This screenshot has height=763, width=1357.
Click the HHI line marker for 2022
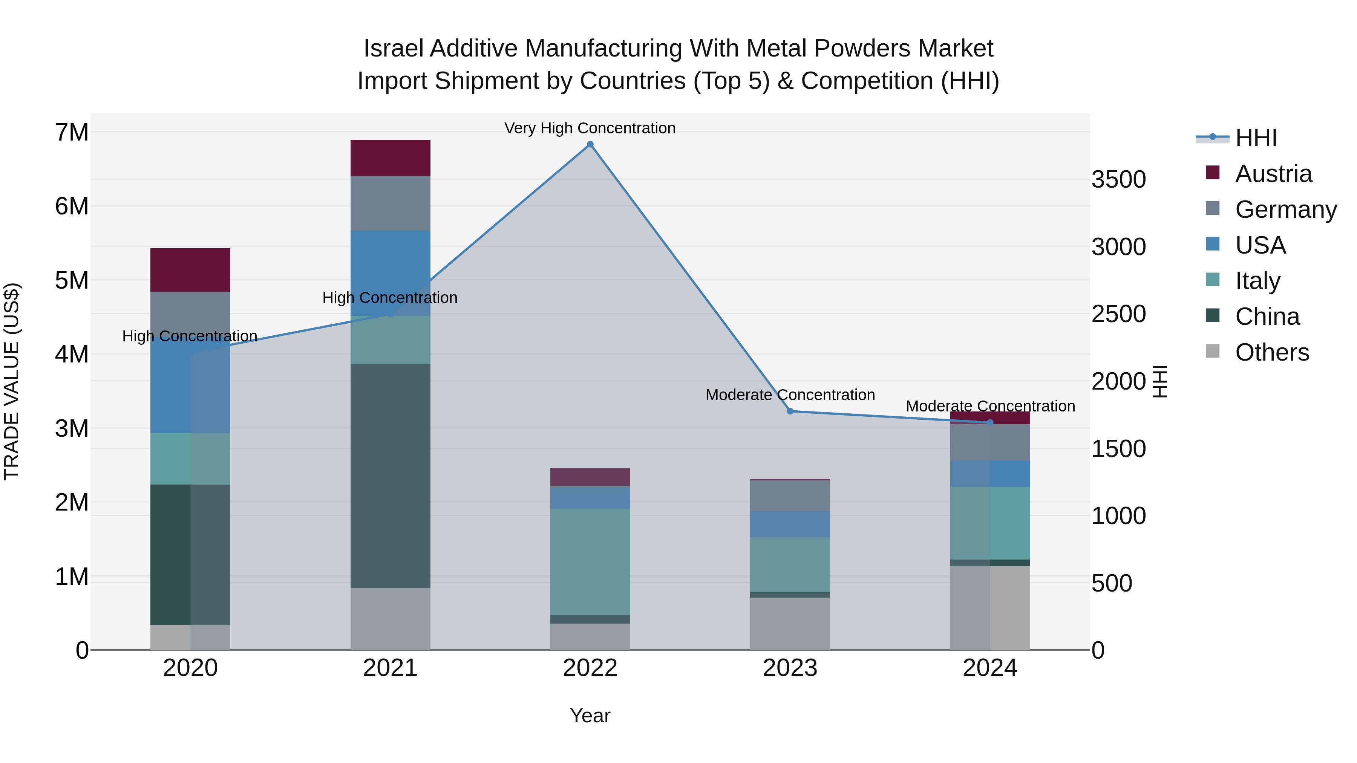[590, 144]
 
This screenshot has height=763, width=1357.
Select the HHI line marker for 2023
[790, 411]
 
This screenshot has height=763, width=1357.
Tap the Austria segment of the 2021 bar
[391, 158]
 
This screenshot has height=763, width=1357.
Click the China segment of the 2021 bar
[391, 476]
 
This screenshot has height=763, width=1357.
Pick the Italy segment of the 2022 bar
[590, 561]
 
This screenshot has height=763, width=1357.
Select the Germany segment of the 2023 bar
[790, 495]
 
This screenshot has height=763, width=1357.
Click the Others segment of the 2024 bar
[990, 608]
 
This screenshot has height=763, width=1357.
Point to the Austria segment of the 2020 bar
[190, 270]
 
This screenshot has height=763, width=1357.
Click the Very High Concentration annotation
[590, 128]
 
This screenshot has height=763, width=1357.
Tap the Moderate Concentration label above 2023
[790, 395]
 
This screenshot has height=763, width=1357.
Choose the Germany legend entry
[1285, 209]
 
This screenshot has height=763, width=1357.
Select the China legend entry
[1267, 317]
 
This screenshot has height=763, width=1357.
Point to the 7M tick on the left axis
[72, 132]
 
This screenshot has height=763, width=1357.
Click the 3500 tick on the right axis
[1118, 180]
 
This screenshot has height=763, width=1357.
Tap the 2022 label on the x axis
[590, 668]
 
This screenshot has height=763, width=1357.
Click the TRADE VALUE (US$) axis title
[12, 381]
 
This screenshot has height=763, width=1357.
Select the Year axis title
[590, 716]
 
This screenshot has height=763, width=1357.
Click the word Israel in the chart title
[393, 49]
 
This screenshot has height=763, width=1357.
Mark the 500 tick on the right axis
[1112, 583]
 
